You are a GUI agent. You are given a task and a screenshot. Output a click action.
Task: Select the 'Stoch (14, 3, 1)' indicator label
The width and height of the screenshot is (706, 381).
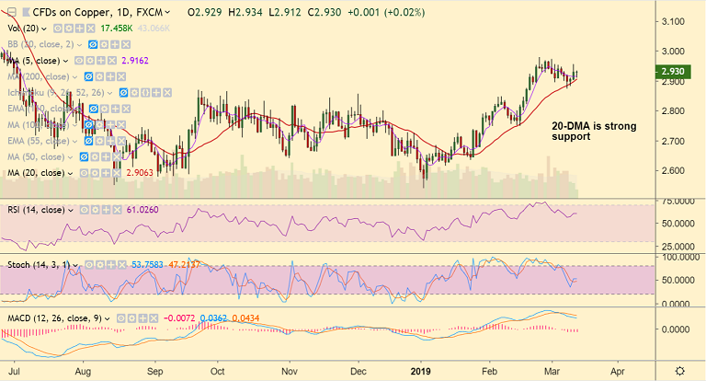pos(42,266)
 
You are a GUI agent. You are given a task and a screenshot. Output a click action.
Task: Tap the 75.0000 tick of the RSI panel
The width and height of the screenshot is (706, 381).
pos(678,200)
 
